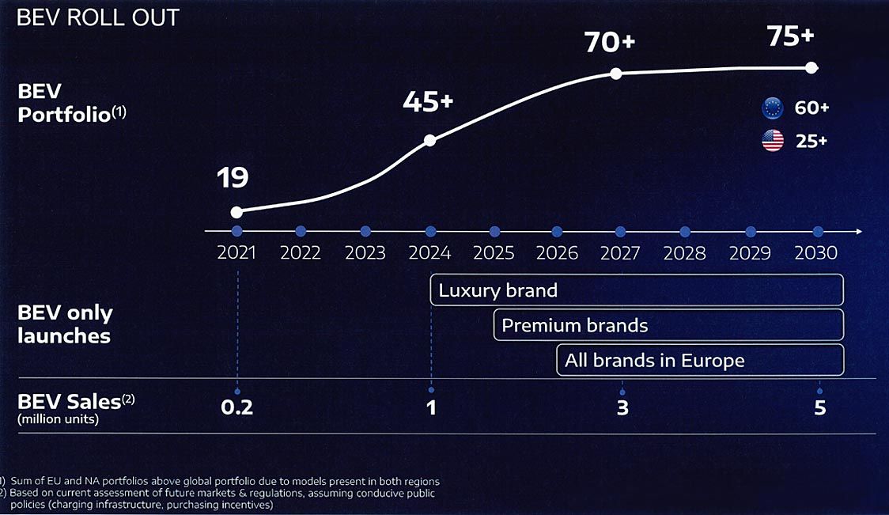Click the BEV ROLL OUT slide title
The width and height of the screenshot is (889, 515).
point(98,17)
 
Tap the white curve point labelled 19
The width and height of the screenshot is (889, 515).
point(236,212)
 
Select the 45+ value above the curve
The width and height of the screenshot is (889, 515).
point(428,102)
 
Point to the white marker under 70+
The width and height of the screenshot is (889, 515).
point(615,74)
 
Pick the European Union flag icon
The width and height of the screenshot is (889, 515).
point(772,108)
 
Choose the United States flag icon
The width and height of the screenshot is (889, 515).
point(772,141)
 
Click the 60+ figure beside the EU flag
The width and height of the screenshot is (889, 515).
point(811,108)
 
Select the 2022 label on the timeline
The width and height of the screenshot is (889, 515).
point(301,254)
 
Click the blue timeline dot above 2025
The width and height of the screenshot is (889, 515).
point(494,231)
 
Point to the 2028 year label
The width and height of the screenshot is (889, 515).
point(685,254)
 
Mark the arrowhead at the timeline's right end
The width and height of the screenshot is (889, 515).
point(858,231)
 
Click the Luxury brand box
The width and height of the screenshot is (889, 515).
point(637,290)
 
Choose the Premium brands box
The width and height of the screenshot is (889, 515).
point(668,325)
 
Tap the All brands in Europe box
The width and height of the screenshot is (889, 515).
point(700,361)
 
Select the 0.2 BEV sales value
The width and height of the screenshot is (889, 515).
point(237,407)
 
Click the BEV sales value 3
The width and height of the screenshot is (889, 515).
point(622,408)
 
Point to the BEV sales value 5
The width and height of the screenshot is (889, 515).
point(820,408)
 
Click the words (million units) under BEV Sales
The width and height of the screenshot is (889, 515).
point(58,420)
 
